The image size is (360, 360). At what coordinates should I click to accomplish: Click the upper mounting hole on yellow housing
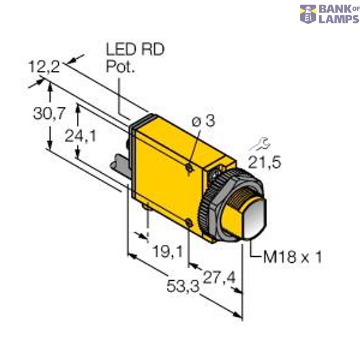(188, 170)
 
